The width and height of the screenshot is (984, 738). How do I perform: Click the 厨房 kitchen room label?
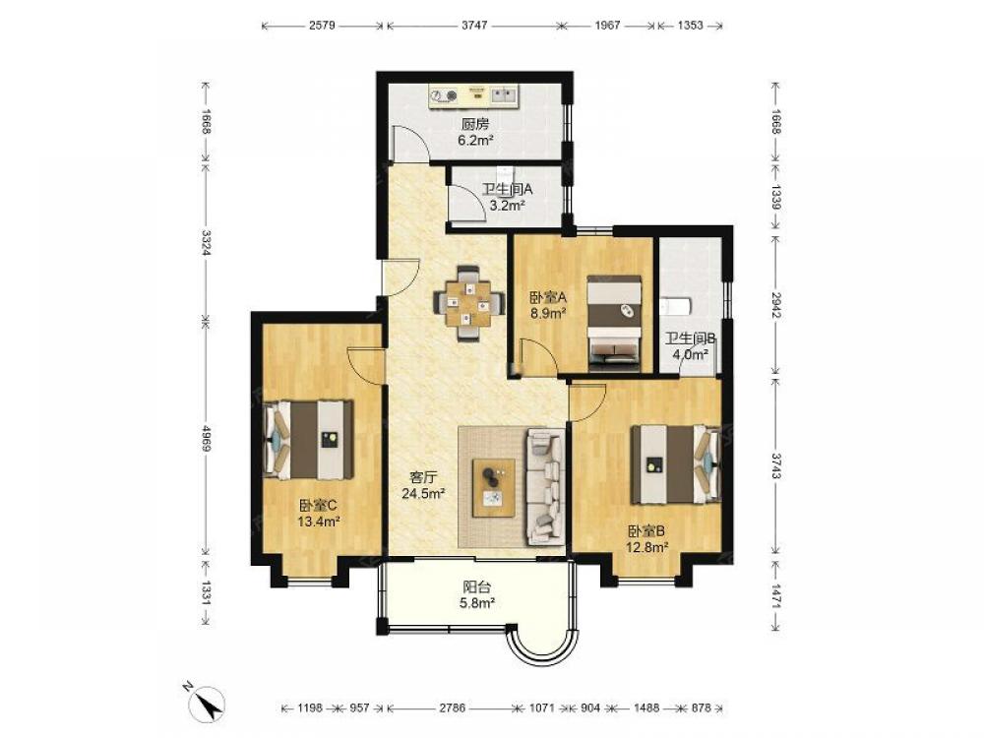475,124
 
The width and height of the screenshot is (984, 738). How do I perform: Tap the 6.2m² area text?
475,141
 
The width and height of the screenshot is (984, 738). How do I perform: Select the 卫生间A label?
507,188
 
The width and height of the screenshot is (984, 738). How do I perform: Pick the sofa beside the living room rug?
545,486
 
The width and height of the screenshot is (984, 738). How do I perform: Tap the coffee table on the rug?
494,488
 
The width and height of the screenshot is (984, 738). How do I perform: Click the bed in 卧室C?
308,440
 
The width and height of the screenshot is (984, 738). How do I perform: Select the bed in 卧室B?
675,464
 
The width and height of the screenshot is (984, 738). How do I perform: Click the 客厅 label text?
423,477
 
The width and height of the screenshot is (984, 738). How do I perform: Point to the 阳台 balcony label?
477,587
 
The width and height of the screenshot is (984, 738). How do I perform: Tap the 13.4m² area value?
319,521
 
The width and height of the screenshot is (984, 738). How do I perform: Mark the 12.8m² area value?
646,547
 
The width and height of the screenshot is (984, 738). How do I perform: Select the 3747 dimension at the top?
474,26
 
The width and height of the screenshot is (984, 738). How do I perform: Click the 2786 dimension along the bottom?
452,707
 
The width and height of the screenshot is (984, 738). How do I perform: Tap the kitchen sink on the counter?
503,95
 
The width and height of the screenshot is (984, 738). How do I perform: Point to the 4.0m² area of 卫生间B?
691,354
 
